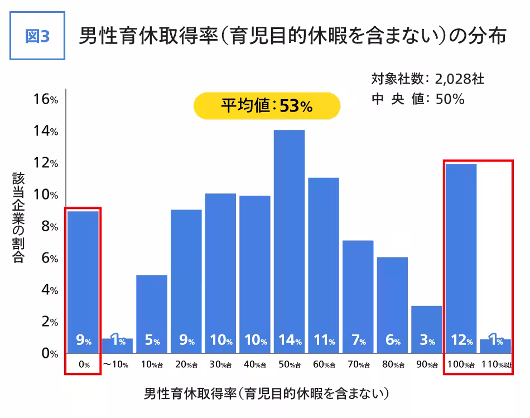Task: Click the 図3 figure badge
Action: coord(38,36)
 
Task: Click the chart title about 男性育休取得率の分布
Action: coord(292,36)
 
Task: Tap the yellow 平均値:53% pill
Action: coord(267,106)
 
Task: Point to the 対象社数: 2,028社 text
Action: coord(428,79)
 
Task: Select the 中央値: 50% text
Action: coord(418,99)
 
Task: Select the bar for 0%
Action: coord(83,279)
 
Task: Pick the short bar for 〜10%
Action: coord(117,346)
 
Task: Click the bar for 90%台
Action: coord(427,329)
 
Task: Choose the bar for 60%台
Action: coord(324,262)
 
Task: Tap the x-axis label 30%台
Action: coord(220,365)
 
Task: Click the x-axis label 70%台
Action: coord(358,365)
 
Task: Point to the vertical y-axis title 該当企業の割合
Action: coord(18,217)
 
